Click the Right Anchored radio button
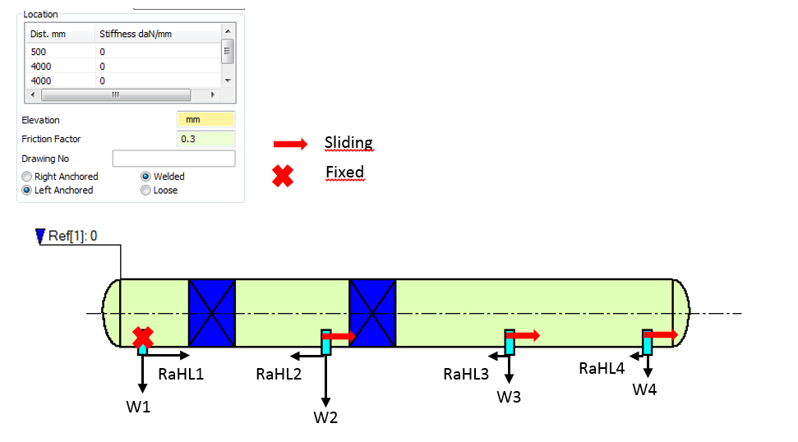pos(26,177)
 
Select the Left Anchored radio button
pos(26,191)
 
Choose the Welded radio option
pos(145,177)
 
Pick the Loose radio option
pos(145,191)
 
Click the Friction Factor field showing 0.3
pos(205,139)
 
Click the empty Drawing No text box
pos(173,159)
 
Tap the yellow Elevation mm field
pos(205,119)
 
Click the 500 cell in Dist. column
pos(38,52)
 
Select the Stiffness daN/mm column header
pos(136,34)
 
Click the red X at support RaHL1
pos(143,338)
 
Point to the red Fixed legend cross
pos(283,176)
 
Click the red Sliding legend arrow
pos(290,144)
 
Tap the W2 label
pos(325,417)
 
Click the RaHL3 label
pos(466,375)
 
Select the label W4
pos(644,389)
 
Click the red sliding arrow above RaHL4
pos(661,334)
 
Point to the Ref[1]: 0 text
pos(72,236)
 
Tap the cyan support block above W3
pos(510,342)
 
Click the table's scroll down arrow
pos(228,81)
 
